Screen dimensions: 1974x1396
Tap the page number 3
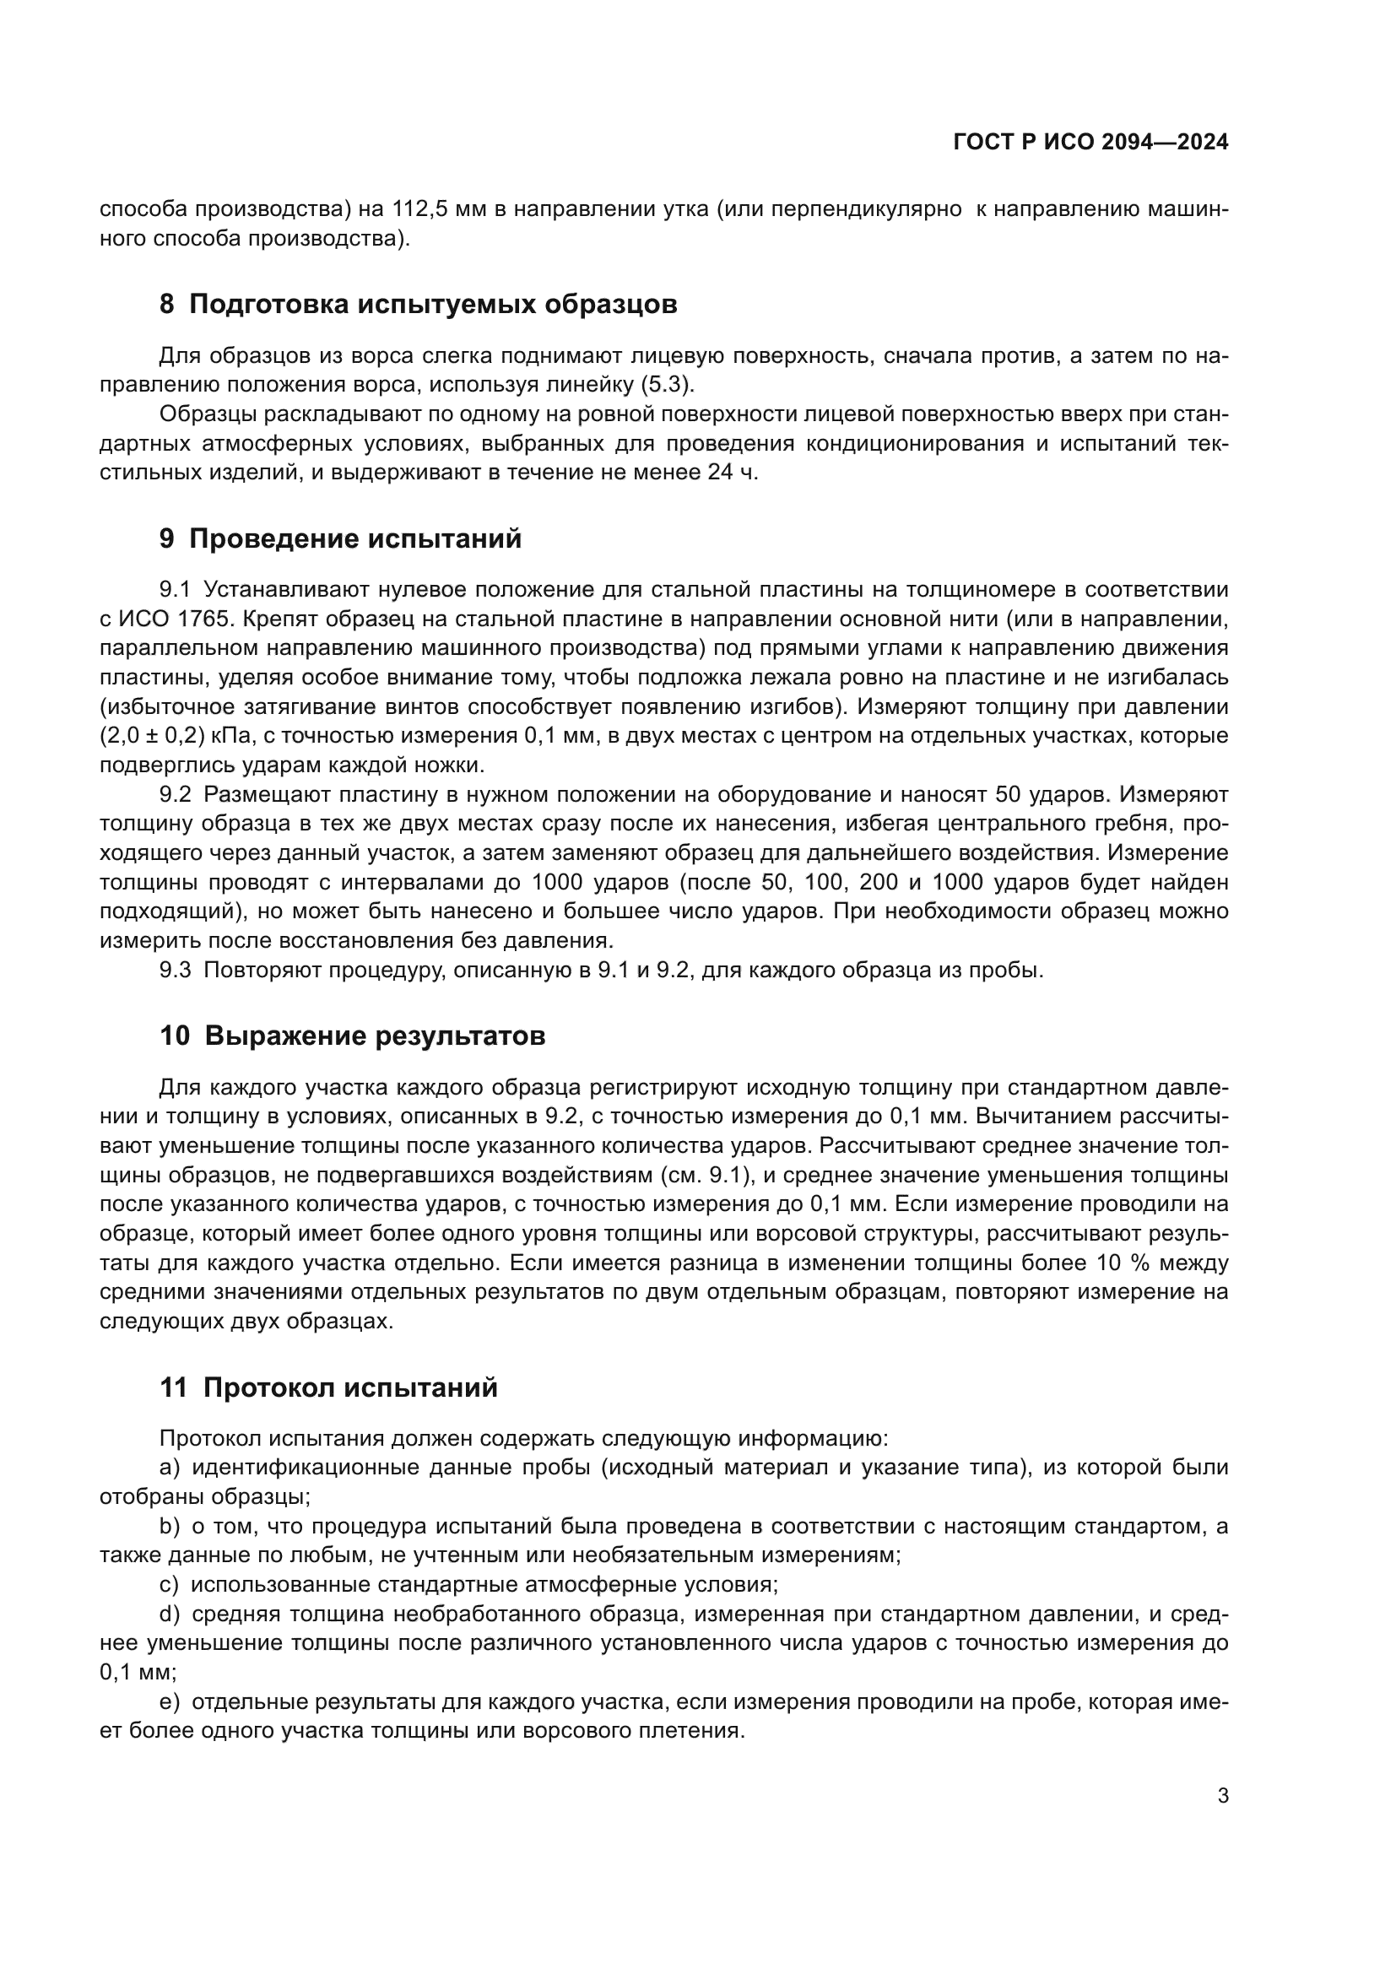pos(1222,1795)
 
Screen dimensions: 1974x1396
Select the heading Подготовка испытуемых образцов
pos(432,305)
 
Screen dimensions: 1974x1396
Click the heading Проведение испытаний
pos(355,539)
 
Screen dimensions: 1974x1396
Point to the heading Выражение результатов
pos(375,1036)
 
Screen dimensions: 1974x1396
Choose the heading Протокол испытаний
pos(351,1387)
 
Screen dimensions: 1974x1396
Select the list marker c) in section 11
pos(170,1585)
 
